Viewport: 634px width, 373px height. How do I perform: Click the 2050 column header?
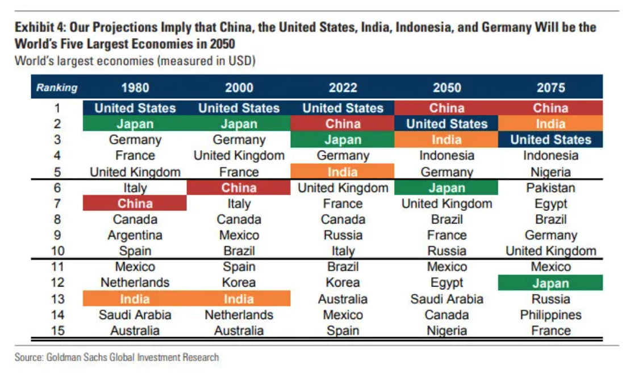pos(447,88)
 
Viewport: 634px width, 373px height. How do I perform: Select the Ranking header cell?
pos(57,88)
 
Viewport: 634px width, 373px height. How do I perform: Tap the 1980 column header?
pos(135,88)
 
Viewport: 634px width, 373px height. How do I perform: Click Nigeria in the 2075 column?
pos(550,172)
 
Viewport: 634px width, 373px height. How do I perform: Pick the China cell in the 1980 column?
pos(135,204)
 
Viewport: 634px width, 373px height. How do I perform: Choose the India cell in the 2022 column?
pos(343,172)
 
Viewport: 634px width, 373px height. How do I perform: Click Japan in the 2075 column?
pos(550,283)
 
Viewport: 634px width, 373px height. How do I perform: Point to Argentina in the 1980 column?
pos(135,235)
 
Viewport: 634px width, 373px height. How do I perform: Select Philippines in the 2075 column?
pos(550,315)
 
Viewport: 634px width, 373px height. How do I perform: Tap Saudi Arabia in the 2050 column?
pos(447,299)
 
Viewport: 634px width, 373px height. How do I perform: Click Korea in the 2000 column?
pos(239,283)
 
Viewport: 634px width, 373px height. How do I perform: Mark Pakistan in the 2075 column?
pos(550,188)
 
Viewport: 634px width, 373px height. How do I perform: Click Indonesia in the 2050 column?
pos(447,156)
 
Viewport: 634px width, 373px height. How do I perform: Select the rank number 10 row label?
pos(57,251)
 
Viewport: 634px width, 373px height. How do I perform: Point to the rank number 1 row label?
pos(57,108)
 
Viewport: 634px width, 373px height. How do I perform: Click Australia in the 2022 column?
pos(343,299)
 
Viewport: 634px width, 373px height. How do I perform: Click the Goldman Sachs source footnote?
pos(116,357)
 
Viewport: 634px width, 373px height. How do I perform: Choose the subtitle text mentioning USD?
pos(135,61)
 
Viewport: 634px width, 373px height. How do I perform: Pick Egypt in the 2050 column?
pos(447,283)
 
